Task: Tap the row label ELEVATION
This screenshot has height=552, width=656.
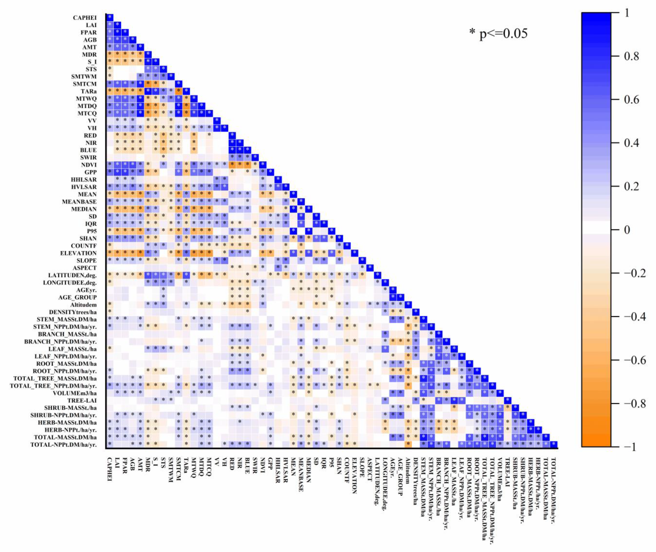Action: (x=79, y=253)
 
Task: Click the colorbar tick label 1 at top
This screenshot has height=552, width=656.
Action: (x=626, y=13)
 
